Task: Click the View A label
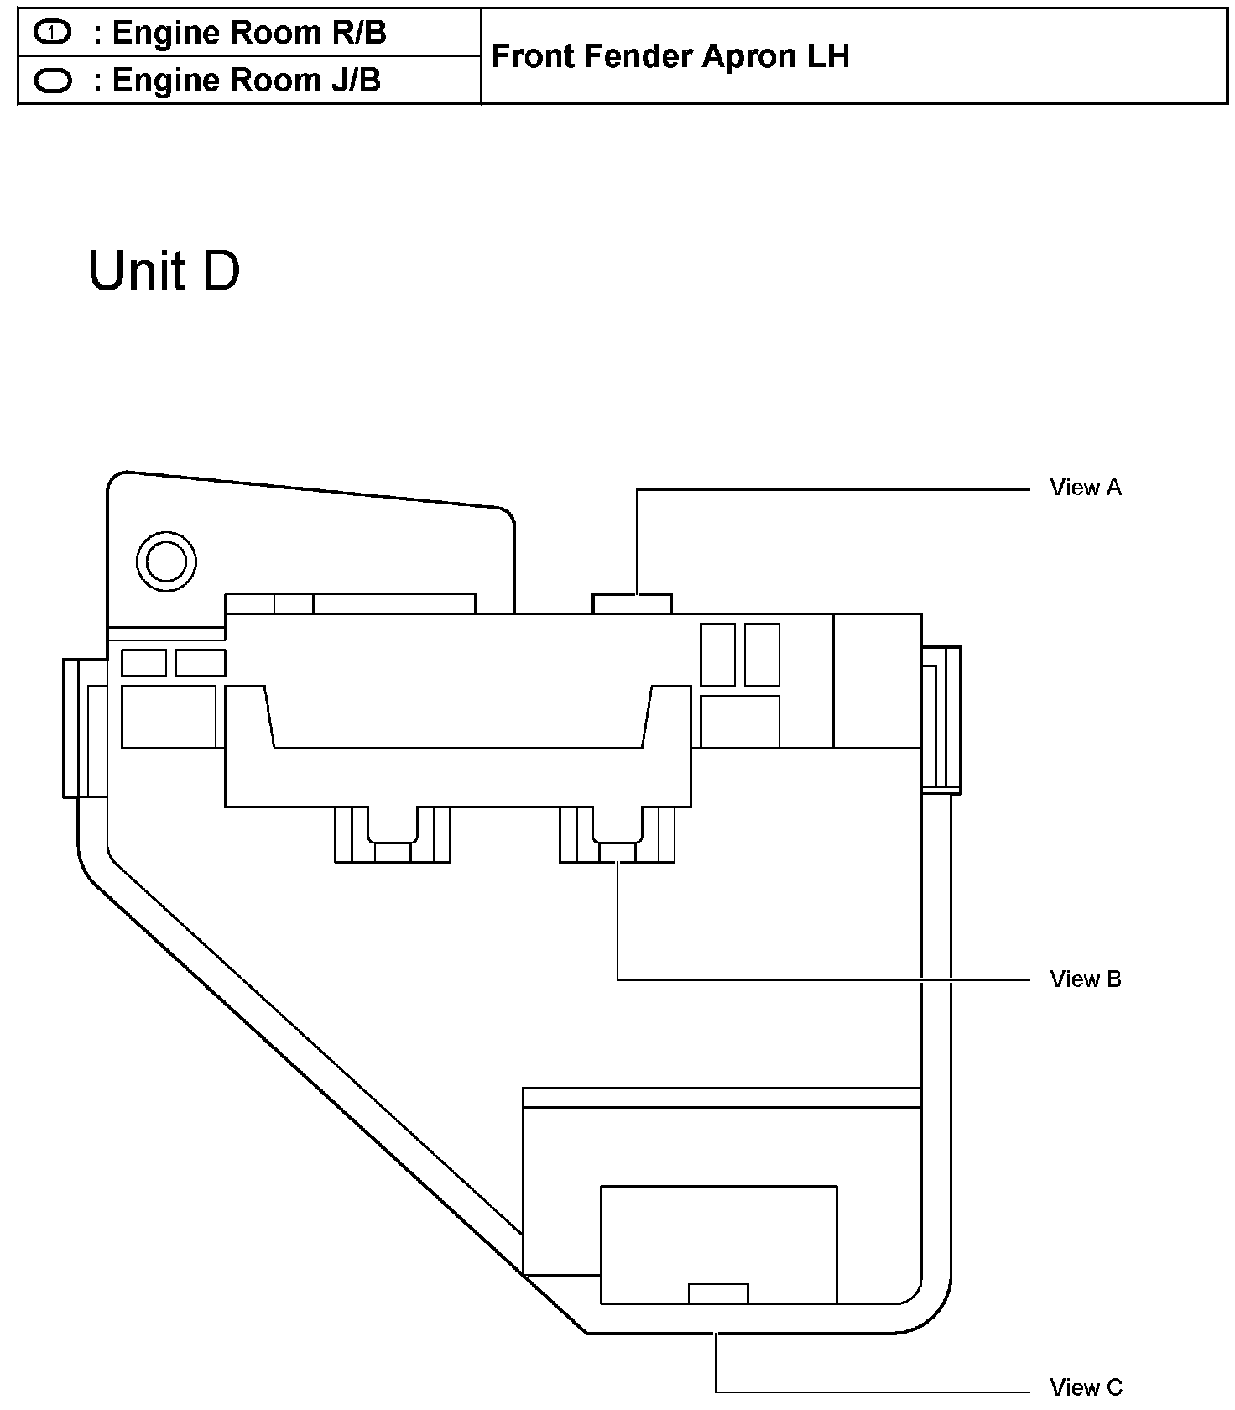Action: click(1085, 488)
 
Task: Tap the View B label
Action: click(1085, 979)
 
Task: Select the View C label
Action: click(1085, 1387)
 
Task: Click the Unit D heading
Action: click(164, 271)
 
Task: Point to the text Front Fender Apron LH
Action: click(670, 56)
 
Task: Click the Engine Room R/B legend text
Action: click(248, 33)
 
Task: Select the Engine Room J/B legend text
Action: click(246, 81)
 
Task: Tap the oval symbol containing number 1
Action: click(53, 33)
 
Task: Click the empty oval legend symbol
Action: click(53, 81)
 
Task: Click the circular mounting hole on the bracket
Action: click(166, 561)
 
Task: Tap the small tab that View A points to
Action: click(632, 603)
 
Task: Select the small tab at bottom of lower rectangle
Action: click(717, 1293)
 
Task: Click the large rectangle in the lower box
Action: click(718, 1244)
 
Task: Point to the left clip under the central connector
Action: click(392, 834)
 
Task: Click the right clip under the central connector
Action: click(617, 834)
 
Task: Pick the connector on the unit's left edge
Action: click(85, 728)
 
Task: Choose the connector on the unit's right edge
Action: click(941, 719)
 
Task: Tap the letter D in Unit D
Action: click(221, 271)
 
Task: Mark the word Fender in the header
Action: click(638, 56)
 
